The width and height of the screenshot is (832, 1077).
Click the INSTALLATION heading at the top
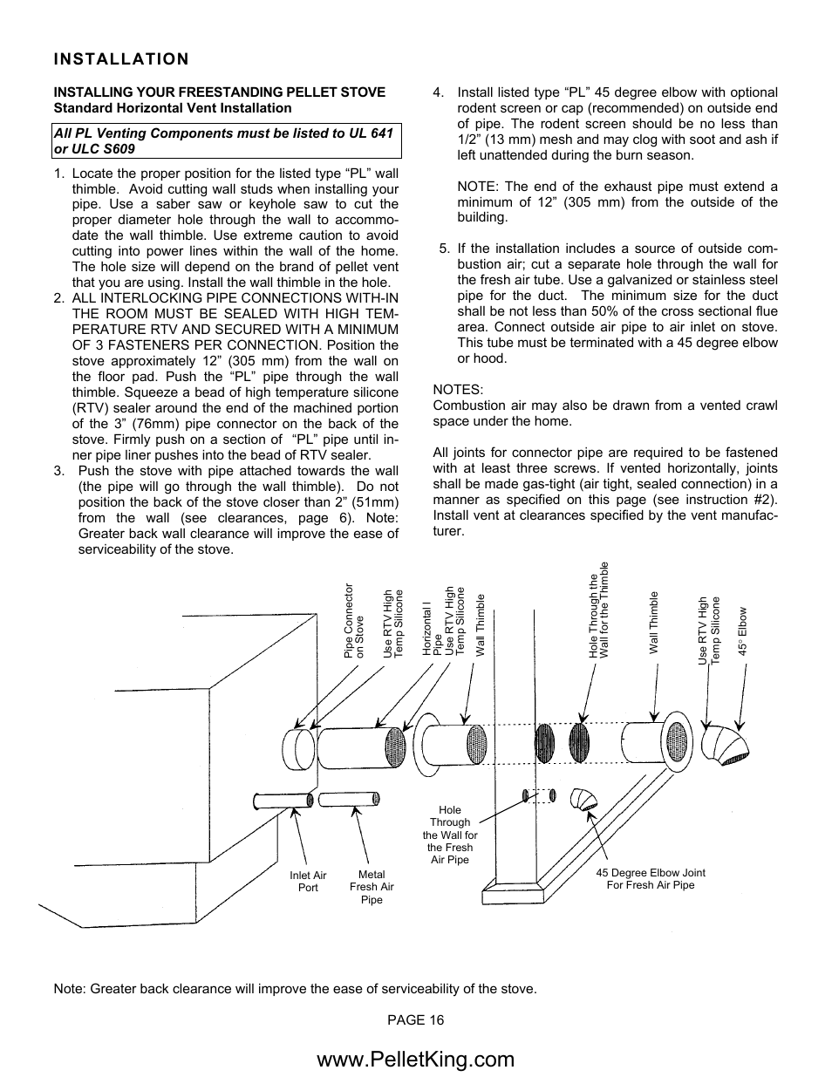point(120,59)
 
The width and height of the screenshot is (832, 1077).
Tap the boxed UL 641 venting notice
point(227,140)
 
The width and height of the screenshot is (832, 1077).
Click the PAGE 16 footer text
point(416,1019)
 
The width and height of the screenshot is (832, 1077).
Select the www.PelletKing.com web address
point(416,1059)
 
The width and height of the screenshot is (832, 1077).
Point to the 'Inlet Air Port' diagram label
point(308,882)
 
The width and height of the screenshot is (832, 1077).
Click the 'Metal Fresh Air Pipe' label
point(372,887)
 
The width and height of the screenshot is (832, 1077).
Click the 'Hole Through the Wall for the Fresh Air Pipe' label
point(450,835)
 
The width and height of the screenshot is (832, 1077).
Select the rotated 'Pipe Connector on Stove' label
point(353,620)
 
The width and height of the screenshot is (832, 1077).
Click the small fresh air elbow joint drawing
point(578,800)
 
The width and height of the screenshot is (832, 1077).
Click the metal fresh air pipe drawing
point(349,798)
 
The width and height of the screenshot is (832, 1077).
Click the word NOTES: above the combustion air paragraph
point(458,390)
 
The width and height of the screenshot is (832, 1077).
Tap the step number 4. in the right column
point(439,92)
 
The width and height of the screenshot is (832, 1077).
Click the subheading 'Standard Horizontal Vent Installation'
point(173,108)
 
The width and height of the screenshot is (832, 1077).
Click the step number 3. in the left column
point(59,472)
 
